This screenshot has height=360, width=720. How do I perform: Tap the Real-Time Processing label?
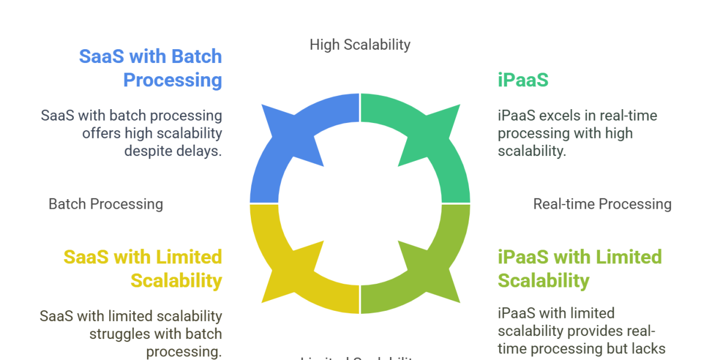pos(601,205)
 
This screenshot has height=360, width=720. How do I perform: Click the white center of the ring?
pos(359,203)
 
